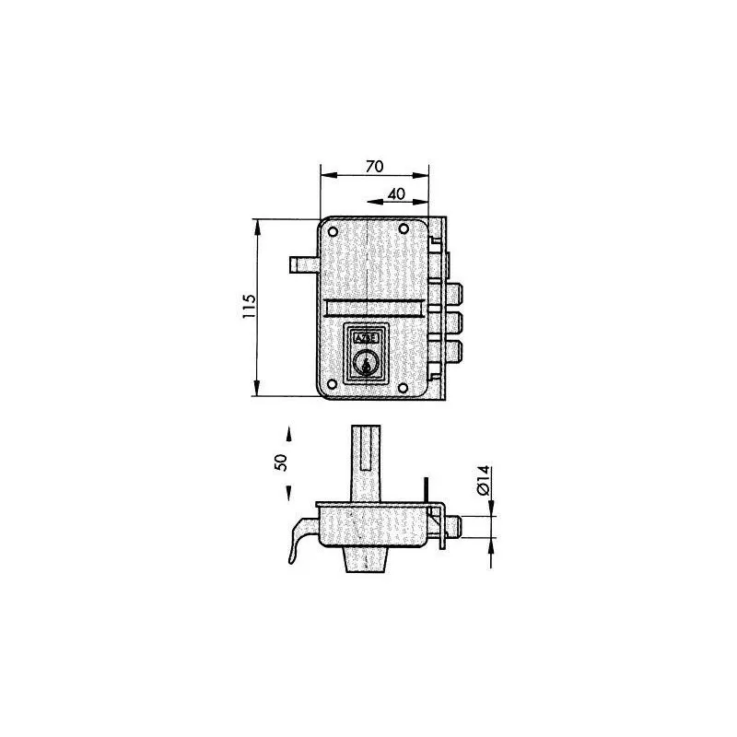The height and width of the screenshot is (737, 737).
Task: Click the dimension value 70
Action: click(374, 167)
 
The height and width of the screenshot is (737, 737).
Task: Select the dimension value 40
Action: click(396, 194)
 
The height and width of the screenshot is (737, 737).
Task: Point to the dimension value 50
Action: click(282, 462)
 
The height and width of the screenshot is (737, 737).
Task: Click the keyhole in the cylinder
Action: click(368, 366)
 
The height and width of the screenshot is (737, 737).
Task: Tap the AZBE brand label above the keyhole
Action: click(366, 338)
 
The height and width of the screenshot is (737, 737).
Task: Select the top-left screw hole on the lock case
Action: click(333, 231)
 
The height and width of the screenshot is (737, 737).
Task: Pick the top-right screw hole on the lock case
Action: click(403, 231)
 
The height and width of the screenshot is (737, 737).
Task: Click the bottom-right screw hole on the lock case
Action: click(403, 387)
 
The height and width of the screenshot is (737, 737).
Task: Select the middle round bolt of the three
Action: click(455, 322)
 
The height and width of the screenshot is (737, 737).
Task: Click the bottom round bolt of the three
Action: click(455, 351)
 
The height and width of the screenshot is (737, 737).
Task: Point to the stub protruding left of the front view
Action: click(302, 265)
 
